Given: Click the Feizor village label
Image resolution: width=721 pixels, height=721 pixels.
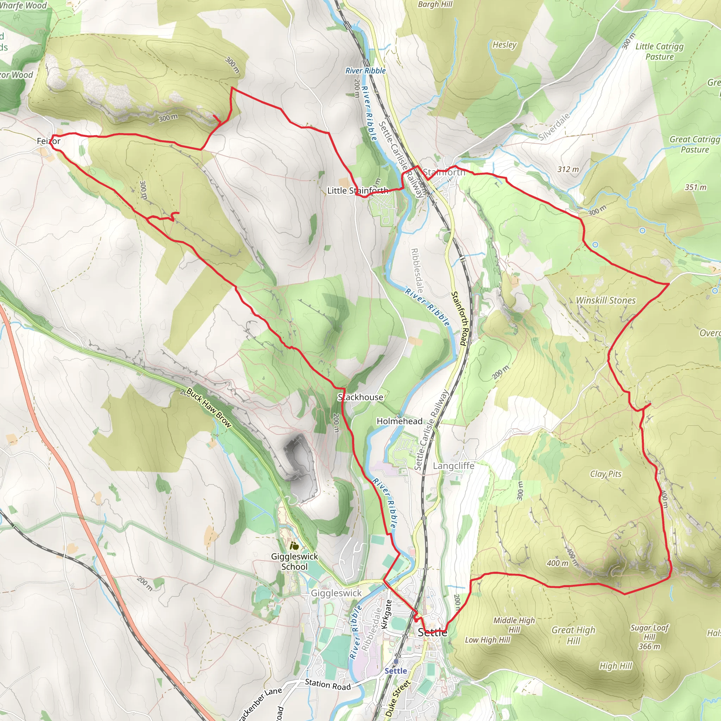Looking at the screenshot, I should pyautogui.click(x=49, y=141).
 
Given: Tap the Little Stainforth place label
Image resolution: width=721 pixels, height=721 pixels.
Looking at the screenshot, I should pyautogui.click(x=358, y=191).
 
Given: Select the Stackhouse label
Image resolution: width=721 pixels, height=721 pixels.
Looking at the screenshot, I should pyautogui.click(x=360, y=397).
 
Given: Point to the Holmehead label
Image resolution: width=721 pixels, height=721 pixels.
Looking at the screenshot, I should pyautogui.click(x=399, y=421).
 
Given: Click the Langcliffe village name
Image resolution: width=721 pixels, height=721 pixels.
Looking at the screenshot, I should pyautogui.click(x=453, y=466).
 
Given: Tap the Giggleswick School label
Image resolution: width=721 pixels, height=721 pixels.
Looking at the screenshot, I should pyautogui.click(x=294, y=561).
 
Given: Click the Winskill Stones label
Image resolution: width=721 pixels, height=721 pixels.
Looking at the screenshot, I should pyautogui.click(x=606, y=300).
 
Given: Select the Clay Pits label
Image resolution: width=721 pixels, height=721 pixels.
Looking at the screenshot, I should pyautogui.click(x=606, y=474).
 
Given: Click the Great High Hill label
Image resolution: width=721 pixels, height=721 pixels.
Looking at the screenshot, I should pyautogui.click(x=573, y=635).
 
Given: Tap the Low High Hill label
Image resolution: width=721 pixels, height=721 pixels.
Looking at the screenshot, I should pyautogui.click(x=487, y=640).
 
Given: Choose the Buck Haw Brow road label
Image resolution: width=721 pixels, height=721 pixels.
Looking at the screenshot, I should pyautogui.click(x=209, y=408).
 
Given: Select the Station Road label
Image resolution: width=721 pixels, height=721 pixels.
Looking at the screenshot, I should pyautogui.click(x=328, y=684).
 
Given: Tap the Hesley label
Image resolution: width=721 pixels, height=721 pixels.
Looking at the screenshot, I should pyautogui.click(x=504, y=45).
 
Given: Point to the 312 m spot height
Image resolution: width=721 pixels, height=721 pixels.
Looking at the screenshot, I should pyautogui.click(x=568, y=169).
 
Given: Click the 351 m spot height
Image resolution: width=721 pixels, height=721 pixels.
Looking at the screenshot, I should pyautogui.click(x=695, y=187).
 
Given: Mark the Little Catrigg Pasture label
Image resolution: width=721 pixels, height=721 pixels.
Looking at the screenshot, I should pyautogui.click(x=659, y=51).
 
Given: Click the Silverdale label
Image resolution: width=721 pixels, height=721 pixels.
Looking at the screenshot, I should pyautogui.click(x=554, y=127).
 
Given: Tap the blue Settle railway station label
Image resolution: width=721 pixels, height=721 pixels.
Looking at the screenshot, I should pyautogui.click(x=396, y=671).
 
